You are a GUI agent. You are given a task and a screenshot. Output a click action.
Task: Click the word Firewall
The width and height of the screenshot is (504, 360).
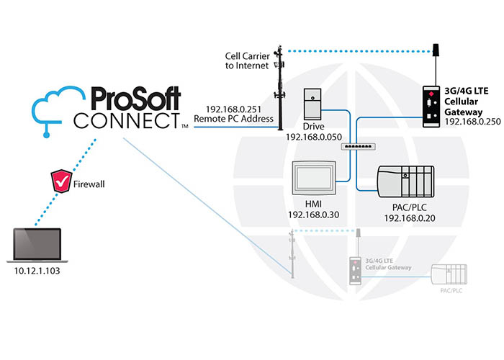(x=90, y=185)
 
